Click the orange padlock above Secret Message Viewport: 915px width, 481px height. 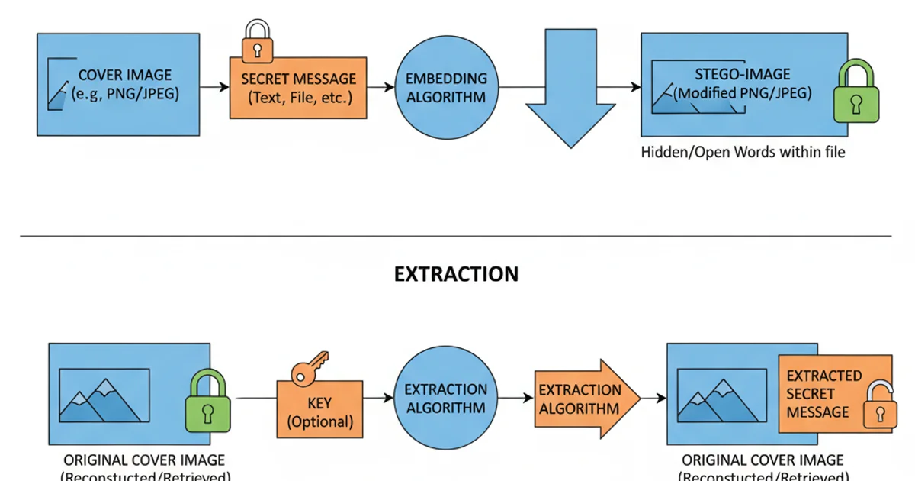coord(257,44)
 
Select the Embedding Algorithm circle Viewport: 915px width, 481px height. coord(445,88)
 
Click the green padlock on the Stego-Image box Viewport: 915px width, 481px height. coord(858,92)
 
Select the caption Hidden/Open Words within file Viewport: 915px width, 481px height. coord(743,152)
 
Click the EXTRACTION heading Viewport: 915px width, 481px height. coord(456,274)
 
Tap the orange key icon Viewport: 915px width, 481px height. coord(309,369)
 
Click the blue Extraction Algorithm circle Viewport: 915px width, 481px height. coord(445,398)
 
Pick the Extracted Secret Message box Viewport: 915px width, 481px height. coord(823,394)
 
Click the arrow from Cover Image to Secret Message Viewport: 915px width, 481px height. coord(215,88)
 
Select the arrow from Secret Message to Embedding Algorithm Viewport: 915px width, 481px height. coord(380,88)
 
